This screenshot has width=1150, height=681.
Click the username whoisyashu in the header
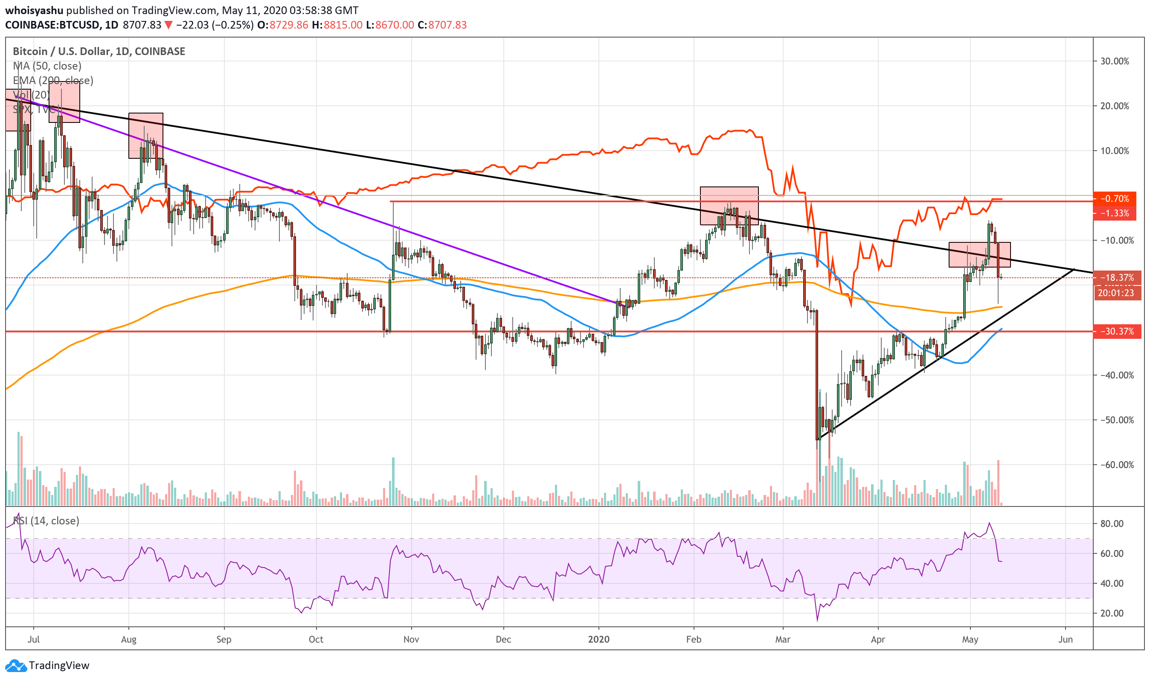[x=34, y=10]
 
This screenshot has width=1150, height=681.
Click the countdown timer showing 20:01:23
[x=1115, y=293]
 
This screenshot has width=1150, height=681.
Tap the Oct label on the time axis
[x=316, y=639]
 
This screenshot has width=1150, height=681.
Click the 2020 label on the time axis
[x=598, y=639]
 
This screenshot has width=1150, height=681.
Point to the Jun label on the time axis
[x=1065, y=639]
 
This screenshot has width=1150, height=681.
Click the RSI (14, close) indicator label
[x=46, y=521]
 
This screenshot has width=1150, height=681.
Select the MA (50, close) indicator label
[x=47, y=66]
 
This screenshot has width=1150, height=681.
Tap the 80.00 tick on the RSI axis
[x=1112, y=524]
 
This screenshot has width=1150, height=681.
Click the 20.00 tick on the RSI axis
[x=1112, y=613]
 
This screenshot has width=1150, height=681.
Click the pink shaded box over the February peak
[x=729, y=205]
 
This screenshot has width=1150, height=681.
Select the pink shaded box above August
[x=145, y=135]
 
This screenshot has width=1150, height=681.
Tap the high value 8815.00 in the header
[x=343, y=25]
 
